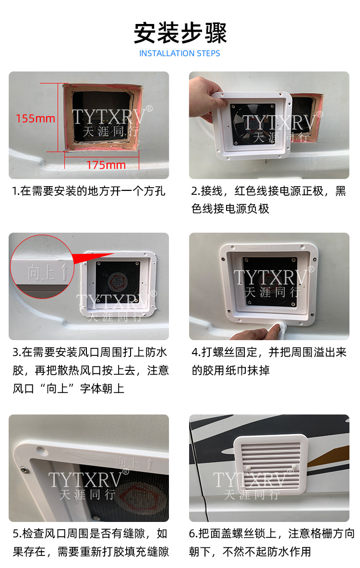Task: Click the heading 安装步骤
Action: (180, 33)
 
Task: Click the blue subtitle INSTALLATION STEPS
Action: (180, 53)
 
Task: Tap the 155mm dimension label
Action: (35, 118)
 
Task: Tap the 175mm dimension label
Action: (106, 165)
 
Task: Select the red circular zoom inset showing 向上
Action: (42, 267)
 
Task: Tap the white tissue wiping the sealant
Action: (277, 329)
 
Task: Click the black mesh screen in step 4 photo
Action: (270, 282)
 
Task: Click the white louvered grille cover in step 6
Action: (270, 464)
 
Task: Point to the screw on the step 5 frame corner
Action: (24, 470)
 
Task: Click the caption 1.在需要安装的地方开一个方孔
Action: (89, 191)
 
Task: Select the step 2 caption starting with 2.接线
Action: (269, 200)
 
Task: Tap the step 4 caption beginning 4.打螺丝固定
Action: (269, 361)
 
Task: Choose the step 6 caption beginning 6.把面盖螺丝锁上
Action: (272, 542)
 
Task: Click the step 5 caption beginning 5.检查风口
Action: (90, 542)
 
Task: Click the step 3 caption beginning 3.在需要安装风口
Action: (91, 370)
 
